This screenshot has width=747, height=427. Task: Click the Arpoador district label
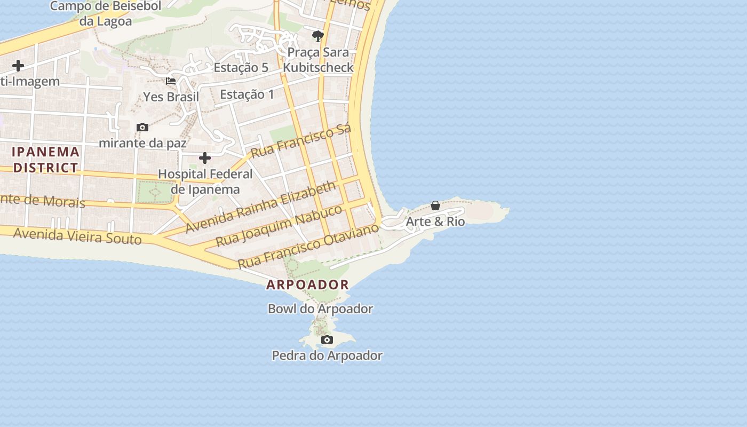coord(307,284)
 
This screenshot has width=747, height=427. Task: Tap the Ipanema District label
coord(46,160)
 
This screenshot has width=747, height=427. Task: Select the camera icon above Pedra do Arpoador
coord(327,339)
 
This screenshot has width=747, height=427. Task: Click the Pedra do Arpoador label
coord(327,355)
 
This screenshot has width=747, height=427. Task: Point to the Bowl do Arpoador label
coord(320,309)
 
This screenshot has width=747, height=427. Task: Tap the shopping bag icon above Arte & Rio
coord(435,205)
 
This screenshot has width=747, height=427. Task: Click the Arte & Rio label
coord(435,222)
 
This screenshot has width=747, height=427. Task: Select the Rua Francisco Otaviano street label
coord(308,246)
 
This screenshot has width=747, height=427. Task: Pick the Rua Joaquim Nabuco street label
coord(279,226)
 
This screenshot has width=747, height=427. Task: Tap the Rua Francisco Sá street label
coord(301,141)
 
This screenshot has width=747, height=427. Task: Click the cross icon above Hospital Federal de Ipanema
coord(205,158)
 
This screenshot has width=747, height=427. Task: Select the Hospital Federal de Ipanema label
coord(205,181)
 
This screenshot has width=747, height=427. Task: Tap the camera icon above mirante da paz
coord(142,127)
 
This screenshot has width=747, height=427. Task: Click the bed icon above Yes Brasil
coord(171,81)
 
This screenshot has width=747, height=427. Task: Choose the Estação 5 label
coord(241,68)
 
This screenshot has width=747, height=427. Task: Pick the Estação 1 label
coord(247,94)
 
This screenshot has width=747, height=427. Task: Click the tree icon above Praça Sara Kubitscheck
coord(318,36)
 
